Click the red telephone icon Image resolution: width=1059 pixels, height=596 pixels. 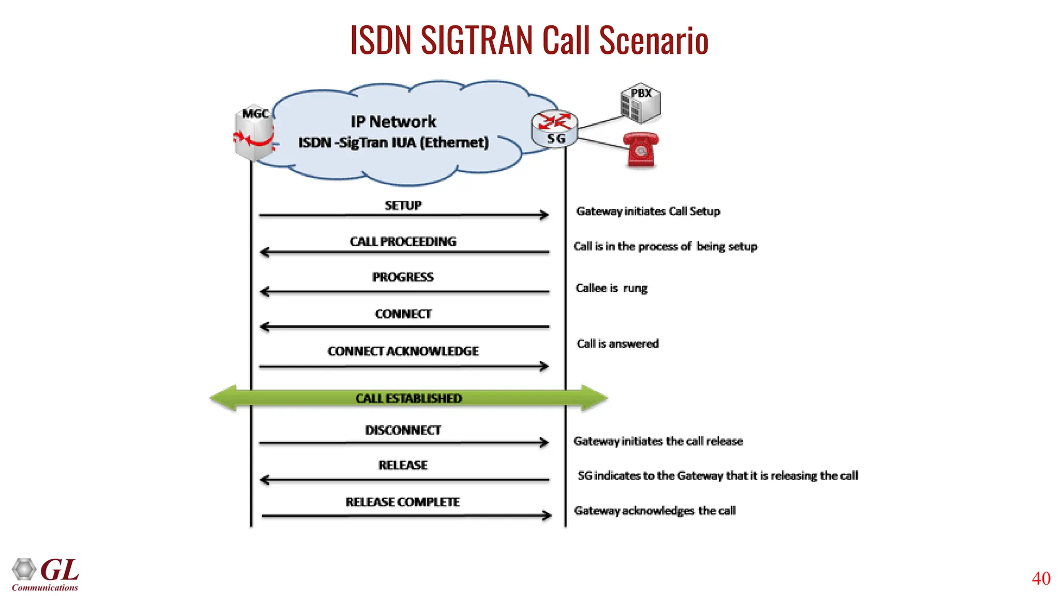click(641, 150)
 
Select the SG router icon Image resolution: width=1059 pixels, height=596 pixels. click(555, 129)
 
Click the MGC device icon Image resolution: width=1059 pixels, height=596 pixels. click(253, 133)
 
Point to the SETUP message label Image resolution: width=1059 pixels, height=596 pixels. click(403, 205)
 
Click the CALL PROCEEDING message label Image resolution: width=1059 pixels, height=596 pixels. click(403, 242)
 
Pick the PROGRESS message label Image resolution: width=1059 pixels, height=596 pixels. click(403, 277)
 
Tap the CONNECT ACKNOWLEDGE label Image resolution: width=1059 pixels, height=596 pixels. click(403, 351)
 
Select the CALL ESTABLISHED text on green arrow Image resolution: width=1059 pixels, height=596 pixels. click(409, 398)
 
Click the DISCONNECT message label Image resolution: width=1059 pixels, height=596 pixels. click(403, 430)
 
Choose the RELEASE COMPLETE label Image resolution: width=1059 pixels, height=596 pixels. click(402, 502)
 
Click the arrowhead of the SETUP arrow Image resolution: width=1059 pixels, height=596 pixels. click(544, 215)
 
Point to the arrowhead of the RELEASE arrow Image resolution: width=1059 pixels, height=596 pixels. click(265, 480)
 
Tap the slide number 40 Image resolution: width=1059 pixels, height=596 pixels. click(1041, 578)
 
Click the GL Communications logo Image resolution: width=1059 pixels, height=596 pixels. click(46, 574)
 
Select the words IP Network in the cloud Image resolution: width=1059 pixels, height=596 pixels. click(394, 122)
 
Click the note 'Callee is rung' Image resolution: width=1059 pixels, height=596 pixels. click(611, 288)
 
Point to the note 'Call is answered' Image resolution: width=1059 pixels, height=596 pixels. click(617, 344)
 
